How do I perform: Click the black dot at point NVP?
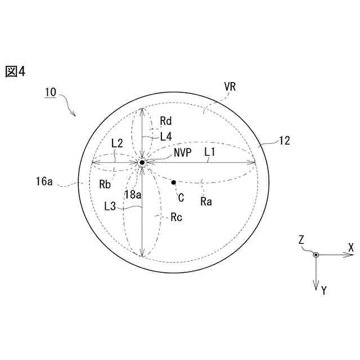142,163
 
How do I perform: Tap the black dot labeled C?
174,182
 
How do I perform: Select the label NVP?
182,152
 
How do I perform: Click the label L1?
210,152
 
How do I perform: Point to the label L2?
117,143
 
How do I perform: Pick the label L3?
110,206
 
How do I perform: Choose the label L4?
166,137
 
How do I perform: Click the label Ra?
206,202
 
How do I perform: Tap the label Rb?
105,184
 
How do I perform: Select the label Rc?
176,218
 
